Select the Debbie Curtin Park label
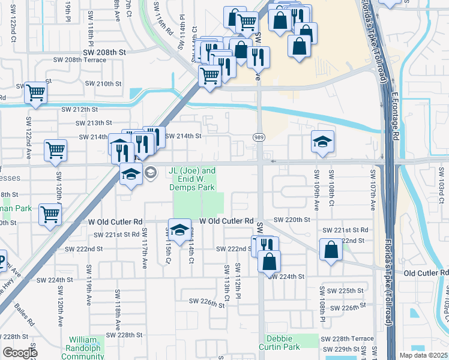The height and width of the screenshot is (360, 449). [279, 343]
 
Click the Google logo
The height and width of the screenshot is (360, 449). [20, 353]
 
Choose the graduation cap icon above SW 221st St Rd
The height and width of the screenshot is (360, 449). [179, 229]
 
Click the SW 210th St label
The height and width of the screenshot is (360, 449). [103, 83]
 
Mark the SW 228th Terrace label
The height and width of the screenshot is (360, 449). [352, 339]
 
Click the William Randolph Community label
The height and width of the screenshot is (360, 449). [86, 347]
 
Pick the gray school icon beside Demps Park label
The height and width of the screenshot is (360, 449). [150, 172]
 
